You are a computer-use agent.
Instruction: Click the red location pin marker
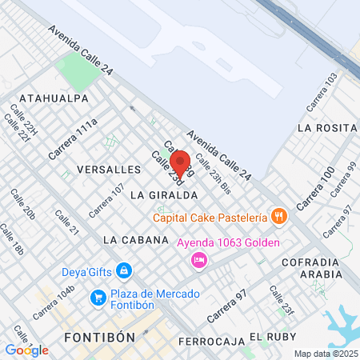pos(180,163)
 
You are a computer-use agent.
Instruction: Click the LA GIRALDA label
pos(162,194)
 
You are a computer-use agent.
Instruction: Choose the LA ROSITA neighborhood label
pos(326,127)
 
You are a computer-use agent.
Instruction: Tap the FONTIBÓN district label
pos(100,336)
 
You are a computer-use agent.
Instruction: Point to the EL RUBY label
pos(267,336)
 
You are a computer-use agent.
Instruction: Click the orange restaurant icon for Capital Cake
pos(278,214)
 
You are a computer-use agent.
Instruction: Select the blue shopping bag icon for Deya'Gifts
pos(124,270)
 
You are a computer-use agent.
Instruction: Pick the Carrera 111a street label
pos(73,138)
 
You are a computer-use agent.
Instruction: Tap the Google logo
pos(26,350)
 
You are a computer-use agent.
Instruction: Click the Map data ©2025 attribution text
pos(324,354)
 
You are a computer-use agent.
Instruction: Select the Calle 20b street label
pos(22,204)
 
